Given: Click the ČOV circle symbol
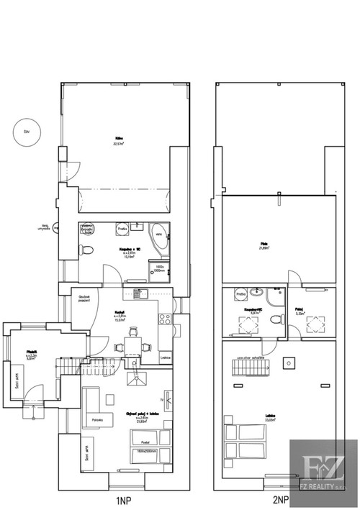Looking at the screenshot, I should [27, 132].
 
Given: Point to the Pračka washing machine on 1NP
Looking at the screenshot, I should [122, 229].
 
